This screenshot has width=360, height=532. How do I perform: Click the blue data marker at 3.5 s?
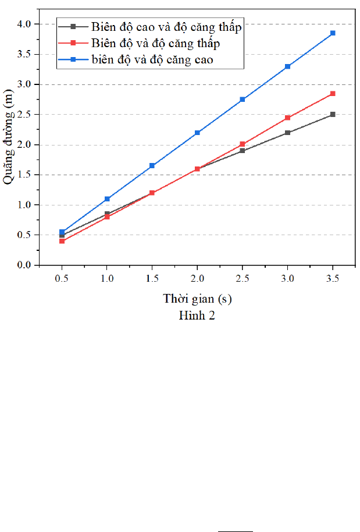[333, 33]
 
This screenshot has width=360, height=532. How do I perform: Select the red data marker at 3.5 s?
[333, 94]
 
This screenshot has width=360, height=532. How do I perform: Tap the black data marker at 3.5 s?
[333, 115]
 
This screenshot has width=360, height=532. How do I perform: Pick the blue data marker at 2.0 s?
[197, 133]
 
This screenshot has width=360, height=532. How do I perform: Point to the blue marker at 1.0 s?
[107, 199]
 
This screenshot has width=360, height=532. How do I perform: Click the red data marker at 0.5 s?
[62, 241]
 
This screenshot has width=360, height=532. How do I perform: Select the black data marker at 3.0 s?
[287, 133]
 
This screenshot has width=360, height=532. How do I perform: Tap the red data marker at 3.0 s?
[287, 118]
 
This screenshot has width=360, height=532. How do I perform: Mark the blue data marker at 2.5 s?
[243, 100]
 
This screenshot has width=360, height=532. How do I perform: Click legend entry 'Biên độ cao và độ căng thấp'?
[166, 27]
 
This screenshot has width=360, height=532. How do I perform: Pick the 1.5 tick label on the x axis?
[152, 279]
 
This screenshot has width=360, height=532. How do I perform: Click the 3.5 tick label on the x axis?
[333, 279]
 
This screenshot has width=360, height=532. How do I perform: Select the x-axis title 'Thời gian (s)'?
[197, 299]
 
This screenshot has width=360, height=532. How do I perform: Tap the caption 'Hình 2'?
[197, 315]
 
